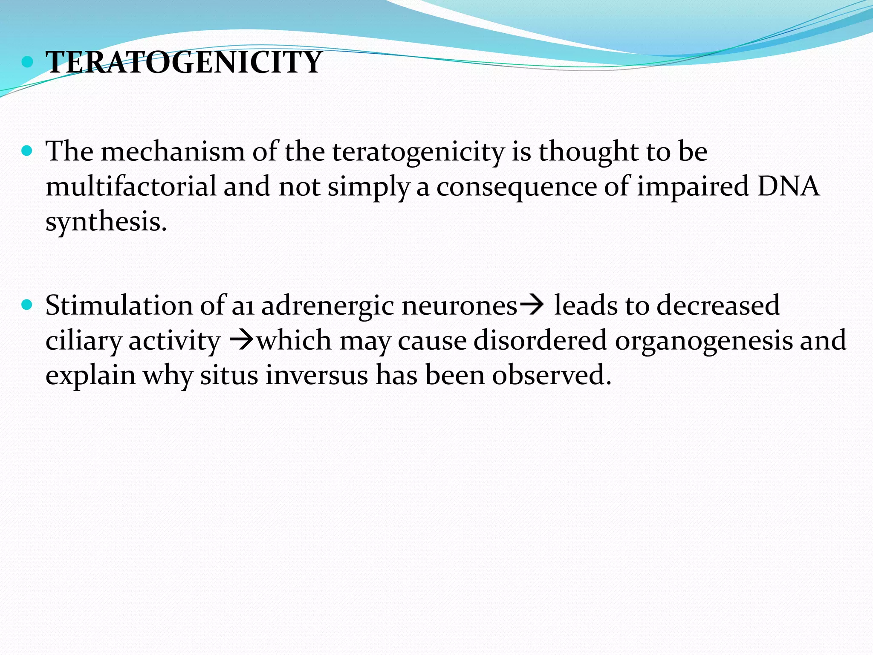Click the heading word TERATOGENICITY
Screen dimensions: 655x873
click(183, 63)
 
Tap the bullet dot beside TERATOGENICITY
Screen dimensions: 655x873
click(27, 62)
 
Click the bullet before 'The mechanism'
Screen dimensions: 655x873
click(27, 151)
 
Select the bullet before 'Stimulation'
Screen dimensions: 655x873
click(27, 305)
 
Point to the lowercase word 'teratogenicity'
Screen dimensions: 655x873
click(418, 153)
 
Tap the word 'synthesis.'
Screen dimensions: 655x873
click(106, 223)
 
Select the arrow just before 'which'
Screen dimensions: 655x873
click(241, 340)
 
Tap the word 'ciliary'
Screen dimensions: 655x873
click(84, 342)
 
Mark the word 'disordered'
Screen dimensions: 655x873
click(540, 341)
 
